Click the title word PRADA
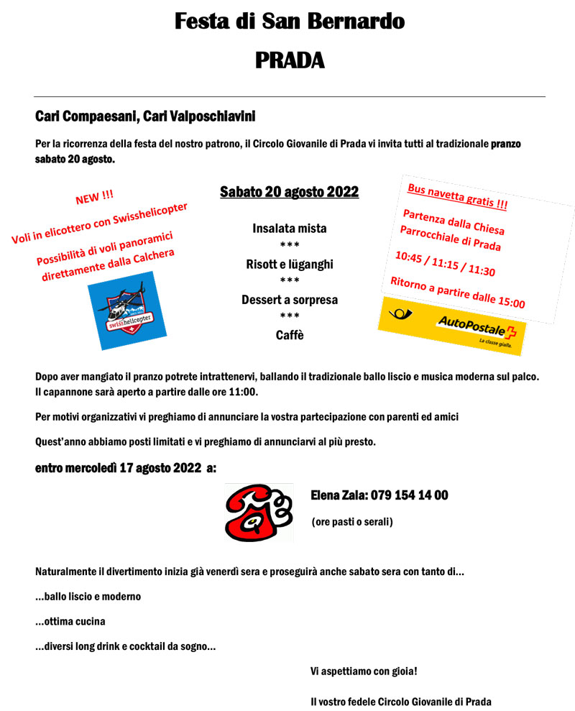pyautogui.click(x=290, y=60)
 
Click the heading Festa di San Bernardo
pyautogui.click(x=290, y=22)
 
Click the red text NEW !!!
pyautogui.click(x=94, y=196)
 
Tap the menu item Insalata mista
pyautogui.click(x=289, y=229)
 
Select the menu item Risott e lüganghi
pyautogui.click(x=289, y=265)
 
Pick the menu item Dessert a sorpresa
pyautogui.click(x=289, y=300)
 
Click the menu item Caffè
pyautogui.click(x=289, y=335)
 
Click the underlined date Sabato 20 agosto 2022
pyautogui.click(x=289, y=192)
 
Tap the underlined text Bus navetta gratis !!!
pyautogui.click(x=457, y=196)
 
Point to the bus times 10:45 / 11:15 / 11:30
pyautogui.click(x=444, y=264)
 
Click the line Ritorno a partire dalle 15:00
pyautogui.click(x=457, y=292)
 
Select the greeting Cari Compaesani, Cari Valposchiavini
pyautogui.click(x=145, y=116)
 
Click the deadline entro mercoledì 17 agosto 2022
pyautogui.click(x=126, y=469)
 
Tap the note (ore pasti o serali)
pyautogui.click(x=352, y=521)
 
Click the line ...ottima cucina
pyautogui.click(x=70, y=621)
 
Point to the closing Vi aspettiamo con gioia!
pyautogui.click(x=364, y=671)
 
